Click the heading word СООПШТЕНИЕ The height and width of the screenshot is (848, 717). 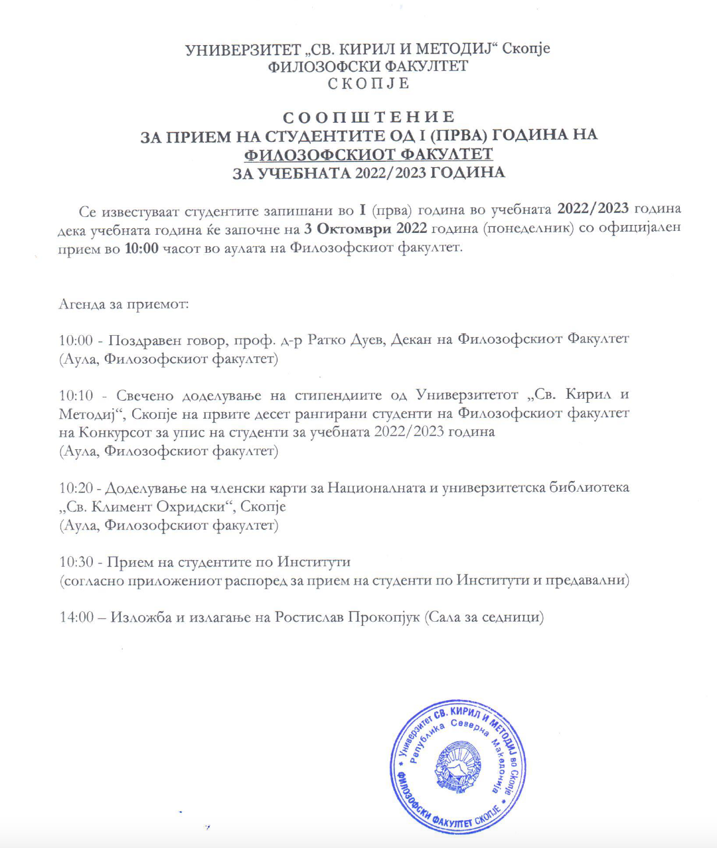tap(368, 118)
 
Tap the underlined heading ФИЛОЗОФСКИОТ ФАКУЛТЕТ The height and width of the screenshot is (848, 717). tap(368, 155)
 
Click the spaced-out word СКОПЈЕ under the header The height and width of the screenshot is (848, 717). tap(368, 84)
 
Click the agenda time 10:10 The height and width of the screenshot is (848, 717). tap(76, 395)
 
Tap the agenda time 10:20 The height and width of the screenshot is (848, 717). tap(76, 488)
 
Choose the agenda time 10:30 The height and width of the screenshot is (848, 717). tap(76, 562)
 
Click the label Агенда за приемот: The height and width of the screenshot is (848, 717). tap(124, 305)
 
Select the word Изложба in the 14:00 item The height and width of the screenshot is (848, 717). tap(141, 617)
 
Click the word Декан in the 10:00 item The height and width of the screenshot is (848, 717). tap(411, 340)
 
